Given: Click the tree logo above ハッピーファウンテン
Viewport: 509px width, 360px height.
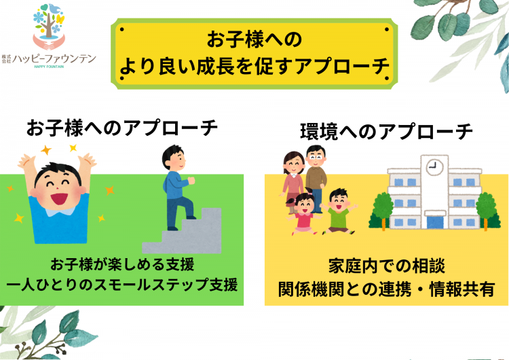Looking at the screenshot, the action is click(x=49, y=26).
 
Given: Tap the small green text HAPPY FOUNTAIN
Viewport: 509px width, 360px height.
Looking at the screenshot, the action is click(x=49, y=67).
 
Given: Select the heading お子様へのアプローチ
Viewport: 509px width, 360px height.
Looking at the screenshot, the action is click(x=121, y=128).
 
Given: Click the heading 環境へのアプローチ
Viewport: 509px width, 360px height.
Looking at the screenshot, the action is click(x=386, y=132).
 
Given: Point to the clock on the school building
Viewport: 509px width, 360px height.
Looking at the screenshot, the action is click(x=434, y=167).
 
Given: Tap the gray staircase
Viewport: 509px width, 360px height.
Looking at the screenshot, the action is click(x=182, y=232).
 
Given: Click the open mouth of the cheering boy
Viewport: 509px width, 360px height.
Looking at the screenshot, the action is click(x=59, y=199).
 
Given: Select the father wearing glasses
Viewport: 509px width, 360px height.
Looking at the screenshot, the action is click(x=316, y=179).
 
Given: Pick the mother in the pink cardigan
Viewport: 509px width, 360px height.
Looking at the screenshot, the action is click(x=293, y=182).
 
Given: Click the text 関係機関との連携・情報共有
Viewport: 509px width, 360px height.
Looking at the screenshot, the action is click(x=386, y=289).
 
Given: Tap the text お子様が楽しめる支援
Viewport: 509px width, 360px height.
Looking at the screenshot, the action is click(x=122, y=264).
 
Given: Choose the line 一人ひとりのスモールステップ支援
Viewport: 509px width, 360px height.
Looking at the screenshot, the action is click(x=122, y=285).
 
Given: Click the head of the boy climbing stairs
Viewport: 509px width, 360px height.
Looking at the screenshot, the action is click(x=174, y=158).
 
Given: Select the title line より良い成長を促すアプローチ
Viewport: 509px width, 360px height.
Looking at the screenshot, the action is click(x=254, y=66).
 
